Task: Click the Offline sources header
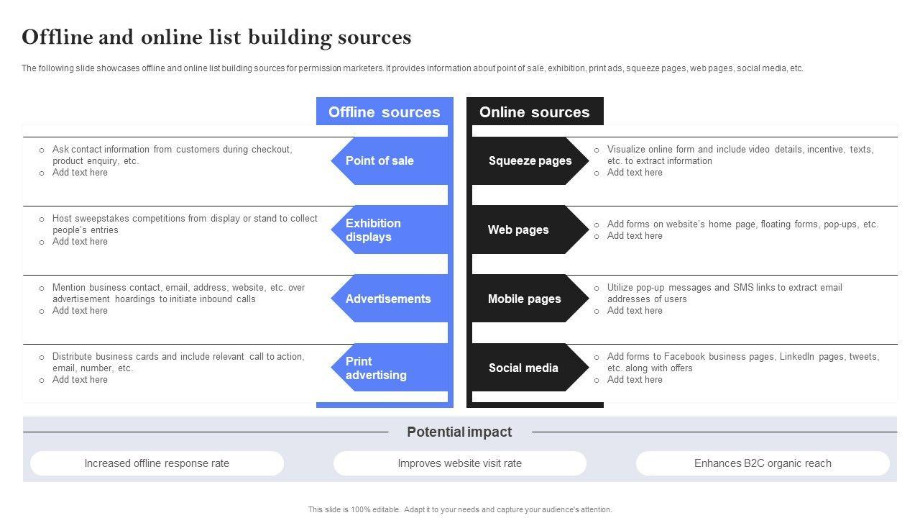(384, 112)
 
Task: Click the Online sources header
(534, 112)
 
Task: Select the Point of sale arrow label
(379, 160)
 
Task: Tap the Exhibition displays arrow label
(373, 230)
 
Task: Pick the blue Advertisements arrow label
(388, 299)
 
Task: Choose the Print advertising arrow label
(376, 368)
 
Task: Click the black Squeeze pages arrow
(530, 160)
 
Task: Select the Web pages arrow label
(518, 230)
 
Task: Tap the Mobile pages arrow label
(524, 299)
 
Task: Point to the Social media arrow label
(523, 368)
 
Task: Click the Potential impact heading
(459, 432)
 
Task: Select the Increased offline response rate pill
(157, 463)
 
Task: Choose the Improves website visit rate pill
(460, 463)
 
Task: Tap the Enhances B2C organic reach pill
(763, 463)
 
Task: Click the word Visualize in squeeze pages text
(627, 150)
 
